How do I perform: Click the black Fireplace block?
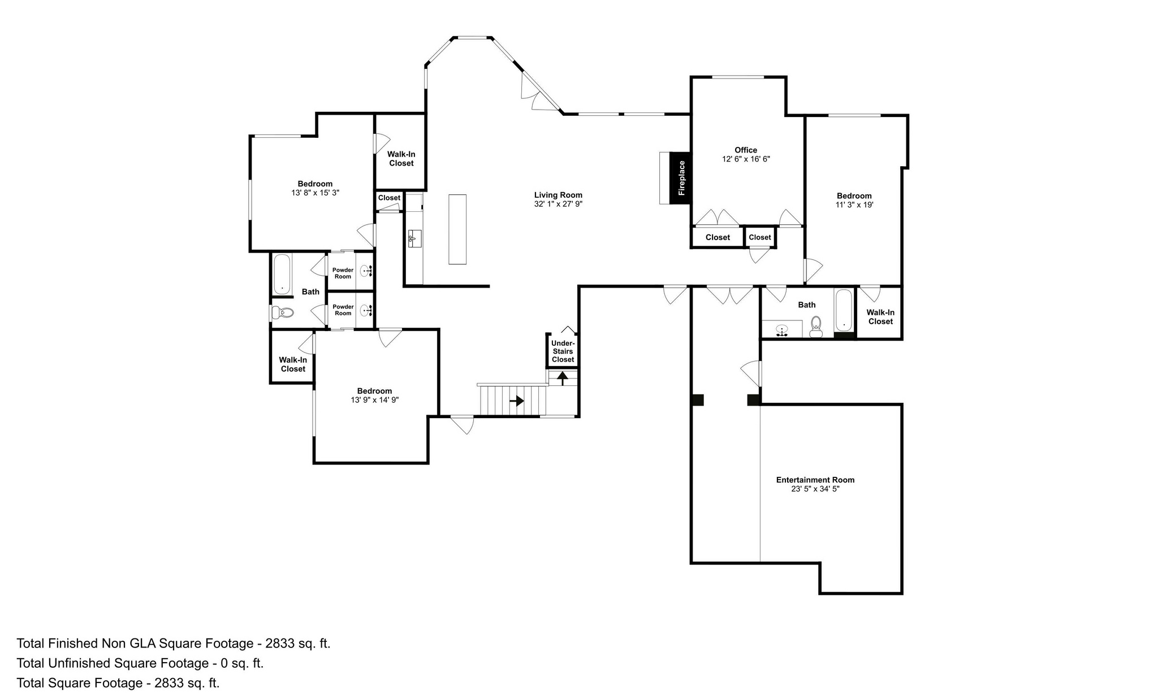pos(681,178)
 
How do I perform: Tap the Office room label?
pos(746,150)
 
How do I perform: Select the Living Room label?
pos(558,195)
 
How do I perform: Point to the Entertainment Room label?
pos(815,480)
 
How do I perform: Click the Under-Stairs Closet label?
pos(563,351)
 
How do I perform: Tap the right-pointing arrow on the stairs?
pos(517,401)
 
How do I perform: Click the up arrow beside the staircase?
pos(563,377)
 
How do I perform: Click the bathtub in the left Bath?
pos(282,275)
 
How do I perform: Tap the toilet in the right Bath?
pos(816,327)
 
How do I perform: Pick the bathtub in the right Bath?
pos(844,310)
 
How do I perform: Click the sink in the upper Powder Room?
pos(366,272)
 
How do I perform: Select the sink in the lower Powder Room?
pos(366,310)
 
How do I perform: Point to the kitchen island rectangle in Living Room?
pos(457,229)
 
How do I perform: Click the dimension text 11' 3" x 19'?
pos(854,205)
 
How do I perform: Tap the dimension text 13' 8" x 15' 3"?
pos(316,193)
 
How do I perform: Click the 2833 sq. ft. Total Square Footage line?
pos(118,683)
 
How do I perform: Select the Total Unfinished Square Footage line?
pos(140,663)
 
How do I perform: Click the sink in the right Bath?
pos(783,330)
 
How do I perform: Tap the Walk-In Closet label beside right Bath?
pos(880,317)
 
